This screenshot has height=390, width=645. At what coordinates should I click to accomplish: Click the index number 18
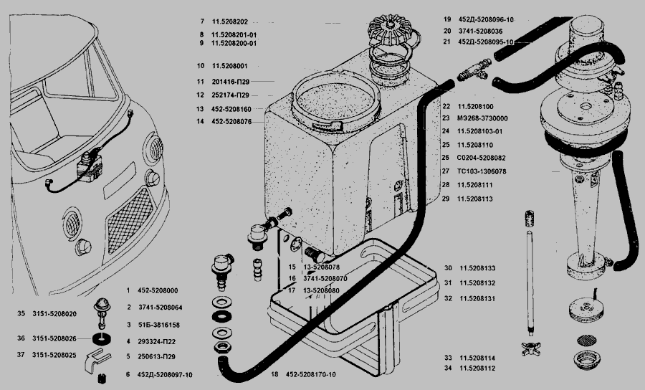point(274,374)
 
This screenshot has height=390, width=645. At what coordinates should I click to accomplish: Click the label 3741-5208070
point(324,278)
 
